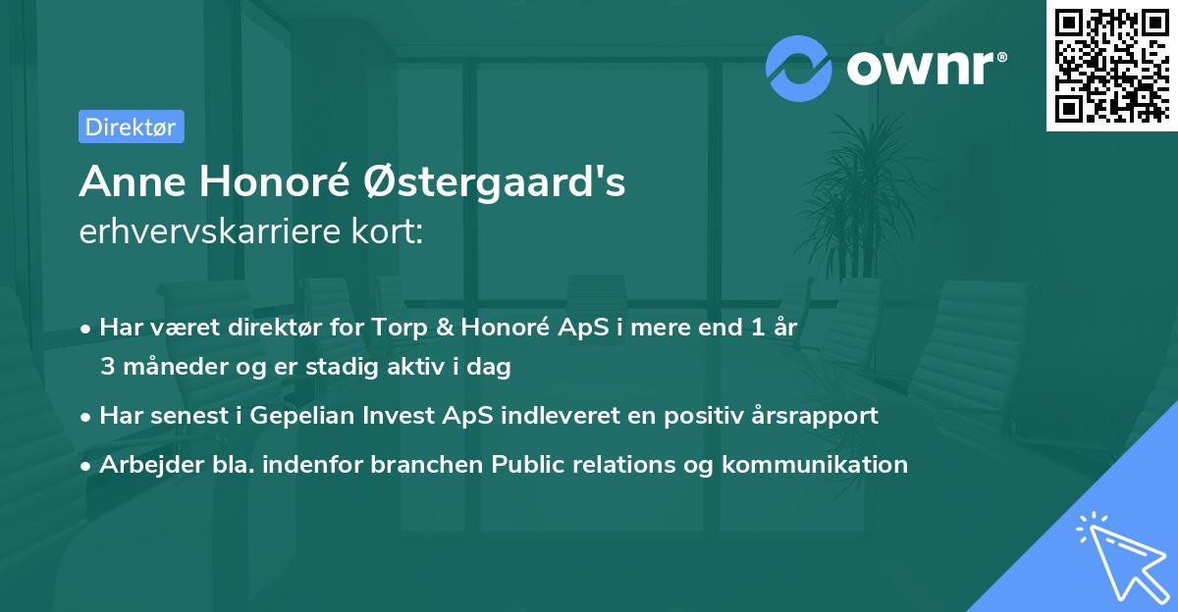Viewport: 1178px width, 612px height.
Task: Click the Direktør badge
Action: pyautogui.click(x=131, y=127)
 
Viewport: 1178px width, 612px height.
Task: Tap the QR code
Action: pyautogui.click(x=1111, y=66)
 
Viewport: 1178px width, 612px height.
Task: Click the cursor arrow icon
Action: pyautogui.click(x=1118, y=553)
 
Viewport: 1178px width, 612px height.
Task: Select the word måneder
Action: pyautogui.click(x=168, y=367)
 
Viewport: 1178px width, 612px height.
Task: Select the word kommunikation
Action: pyautogui.click(x=815, y=464)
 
